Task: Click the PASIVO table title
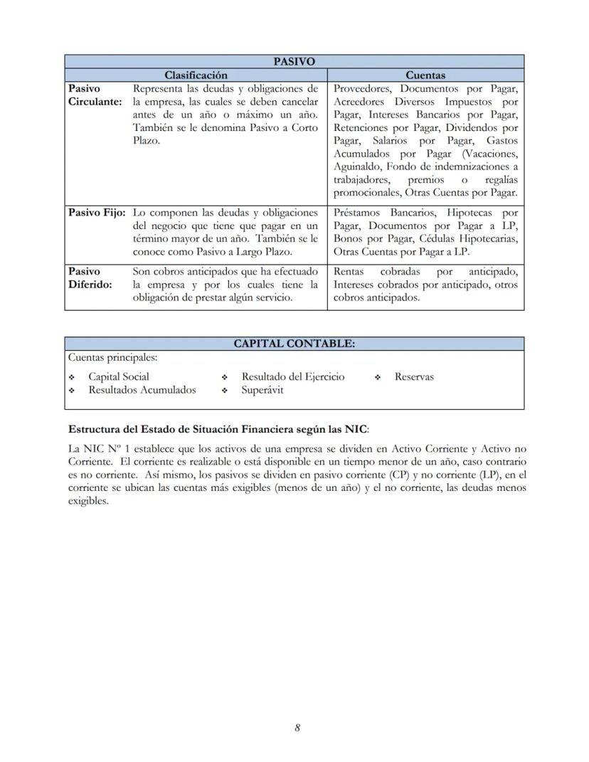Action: (x=294, y=62)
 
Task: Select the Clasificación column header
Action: (x=196, y=75)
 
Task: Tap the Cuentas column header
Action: (x=425, y=75)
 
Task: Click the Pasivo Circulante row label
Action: (x=95, y=95)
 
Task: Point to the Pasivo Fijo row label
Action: (x=97, y=213)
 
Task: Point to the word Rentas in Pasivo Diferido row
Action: (x=350, y=271)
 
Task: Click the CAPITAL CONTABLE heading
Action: (x=294, y=344)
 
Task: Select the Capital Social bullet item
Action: (x=119, y=376)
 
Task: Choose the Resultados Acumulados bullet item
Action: (x=142, y=390)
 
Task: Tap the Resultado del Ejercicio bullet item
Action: (x=292, y=376)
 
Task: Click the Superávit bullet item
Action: (x=262, y=390)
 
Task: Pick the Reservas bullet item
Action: (x=414, y=376)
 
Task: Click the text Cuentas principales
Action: (x=112, y=357)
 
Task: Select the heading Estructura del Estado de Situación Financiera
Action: (x=217, y=429)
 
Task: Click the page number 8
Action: (x=297, y=727)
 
